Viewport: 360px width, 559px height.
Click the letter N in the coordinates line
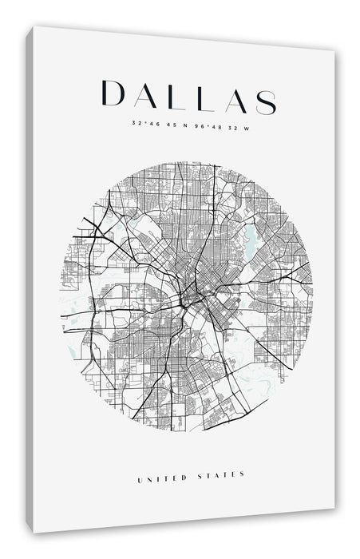[182, 124]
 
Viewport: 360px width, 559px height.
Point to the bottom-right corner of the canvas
[334, 509]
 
